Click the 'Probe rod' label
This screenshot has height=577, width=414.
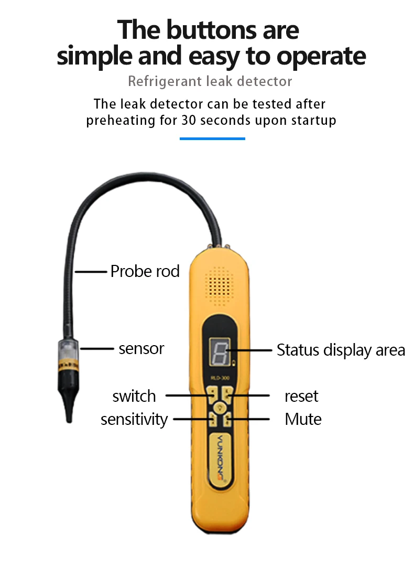145,271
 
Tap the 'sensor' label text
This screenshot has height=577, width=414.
141,348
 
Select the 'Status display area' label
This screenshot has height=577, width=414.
341,350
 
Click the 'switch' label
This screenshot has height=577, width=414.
134,396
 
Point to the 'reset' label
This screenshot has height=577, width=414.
301,396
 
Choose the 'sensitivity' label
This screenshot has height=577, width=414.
134,420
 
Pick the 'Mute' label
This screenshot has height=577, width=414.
303,419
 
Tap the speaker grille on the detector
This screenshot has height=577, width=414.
220,286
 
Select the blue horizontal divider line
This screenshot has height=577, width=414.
212,138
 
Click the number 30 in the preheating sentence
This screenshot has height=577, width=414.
189,120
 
